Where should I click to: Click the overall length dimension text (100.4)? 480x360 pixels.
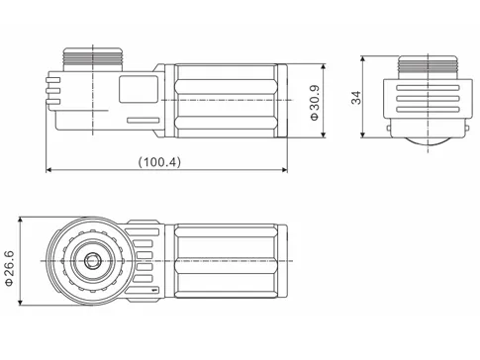[159, 160]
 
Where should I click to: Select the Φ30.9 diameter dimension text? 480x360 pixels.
[313, 102]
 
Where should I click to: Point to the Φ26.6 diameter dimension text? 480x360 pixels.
[11, 265]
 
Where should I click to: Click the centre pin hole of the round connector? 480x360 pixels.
[91, 262]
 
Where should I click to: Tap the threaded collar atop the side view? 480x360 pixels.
[95, 56]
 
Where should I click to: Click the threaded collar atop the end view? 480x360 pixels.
[427, 67]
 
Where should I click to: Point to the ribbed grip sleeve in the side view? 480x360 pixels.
[229, 101]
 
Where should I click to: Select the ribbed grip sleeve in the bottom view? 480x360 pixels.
[229, 262]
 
